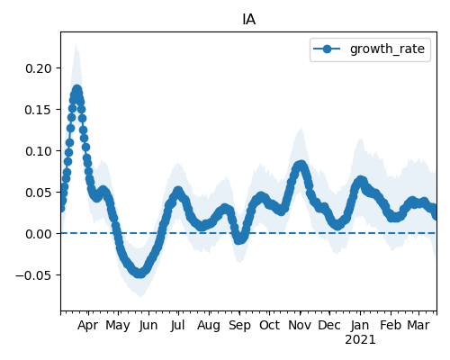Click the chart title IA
click(248, 20)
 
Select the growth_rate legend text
click(387, 49)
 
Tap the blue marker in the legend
click(327, 49)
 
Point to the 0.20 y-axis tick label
click(39, 68)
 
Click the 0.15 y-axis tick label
click(39, 110)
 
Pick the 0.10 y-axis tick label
click(39, 151)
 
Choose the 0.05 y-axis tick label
click(39, 193)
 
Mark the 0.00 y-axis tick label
click(39, 234)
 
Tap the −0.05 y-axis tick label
click(33, 275)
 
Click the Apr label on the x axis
click(88, 326)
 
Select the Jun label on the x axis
click(148, 326)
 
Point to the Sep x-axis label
click(239, 326)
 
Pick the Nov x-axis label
click(300, 326)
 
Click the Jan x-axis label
click(360, 326)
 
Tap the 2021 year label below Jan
click(360, 340)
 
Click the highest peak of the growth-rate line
click(77, 90)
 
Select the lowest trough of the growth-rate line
click(139, 274)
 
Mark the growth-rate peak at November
click(301, 165)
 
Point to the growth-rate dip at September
click(239, 239)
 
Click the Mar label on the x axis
click(418, 326)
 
